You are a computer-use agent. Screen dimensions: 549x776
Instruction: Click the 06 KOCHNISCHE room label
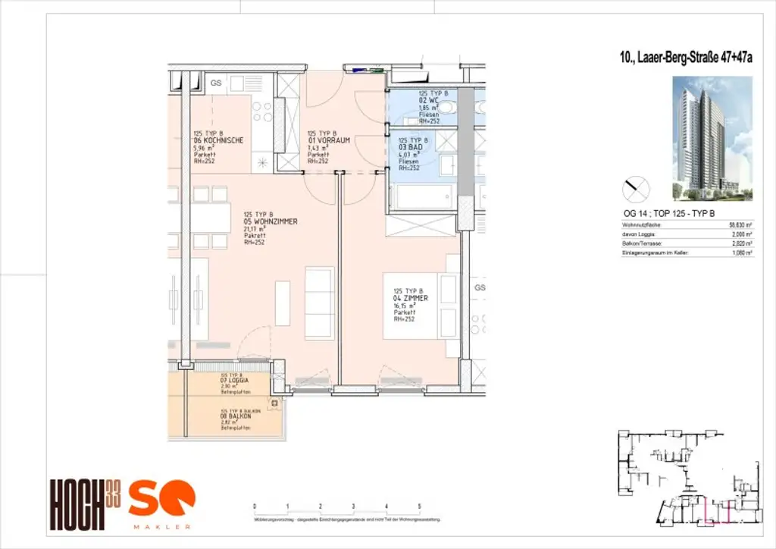pyautogui.click(x=218, y=140)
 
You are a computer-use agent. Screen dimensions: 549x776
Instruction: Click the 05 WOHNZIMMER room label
pyautogui.click(x=269, y=221)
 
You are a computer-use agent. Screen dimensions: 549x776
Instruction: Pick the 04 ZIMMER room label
pyautogui.click(x=411, y=299)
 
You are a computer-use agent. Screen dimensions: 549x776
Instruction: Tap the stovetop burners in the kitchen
pyautogui.click(x=262, y=111)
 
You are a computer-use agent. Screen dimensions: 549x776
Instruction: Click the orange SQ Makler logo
pyautogui.click(x=161, y=502)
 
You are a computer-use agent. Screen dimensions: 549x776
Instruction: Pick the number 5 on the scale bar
pyautogui.click(x=419, y=506)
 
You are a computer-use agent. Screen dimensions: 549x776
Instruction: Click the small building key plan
pyautogui.click(x=688, y=478)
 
